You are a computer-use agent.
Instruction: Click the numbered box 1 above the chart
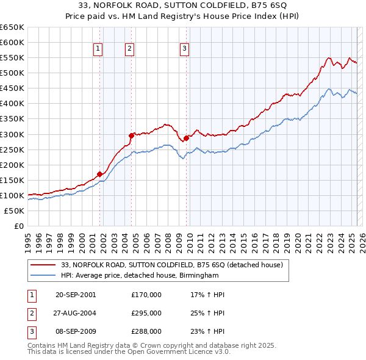pos(98,50)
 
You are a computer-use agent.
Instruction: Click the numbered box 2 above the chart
pos(130,50)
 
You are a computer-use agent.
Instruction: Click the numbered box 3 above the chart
pos(184,50)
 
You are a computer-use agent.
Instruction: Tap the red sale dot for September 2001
pos(99,174)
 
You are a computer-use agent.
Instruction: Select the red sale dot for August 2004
pos(131,135)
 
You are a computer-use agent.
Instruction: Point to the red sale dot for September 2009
pos(186,138)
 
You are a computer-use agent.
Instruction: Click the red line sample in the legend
pos(42,265)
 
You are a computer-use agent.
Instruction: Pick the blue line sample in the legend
pos(42,276)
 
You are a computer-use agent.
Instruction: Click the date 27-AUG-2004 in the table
pos(76,313)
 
